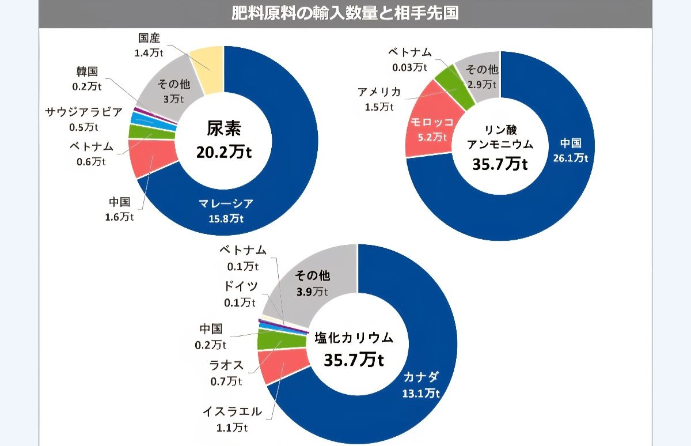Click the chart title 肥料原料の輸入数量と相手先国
(x=345, y=13)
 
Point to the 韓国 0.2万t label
(x=88, y=79)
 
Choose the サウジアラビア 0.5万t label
(x=84, y=119)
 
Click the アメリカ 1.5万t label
(x=379, y=99)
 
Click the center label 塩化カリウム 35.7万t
(x=354, y=349)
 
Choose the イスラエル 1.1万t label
(x=232, y=419)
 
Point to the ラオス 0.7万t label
(x=226, y=372)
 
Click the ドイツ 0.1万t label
(x=240, y=293)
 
